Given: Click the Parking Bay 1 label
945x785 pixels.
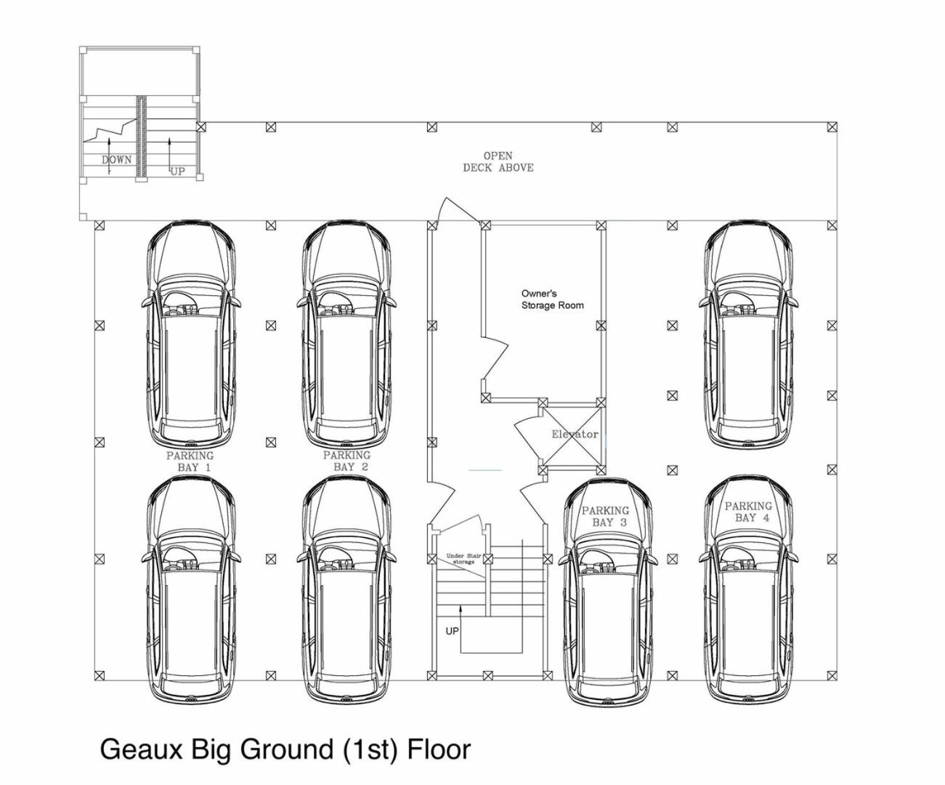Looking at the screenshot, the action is (x=190, y=462).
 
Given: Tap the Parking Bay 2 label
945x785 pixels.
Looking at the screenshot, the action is (x=346, y=461).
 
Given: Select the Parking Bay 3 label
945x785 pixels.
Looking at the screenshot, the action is (x=606, y=516).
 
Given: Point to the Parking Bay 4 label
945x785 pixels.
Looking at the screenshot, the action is (x=748, y=512).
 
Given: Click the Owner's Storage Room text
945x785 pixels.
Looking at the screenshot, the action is (x=552, y=299).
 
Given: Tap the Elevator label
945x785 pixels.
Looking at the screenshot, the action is (x=575, y=434).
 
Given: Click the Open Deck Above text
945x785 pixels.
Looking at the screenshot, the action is (x=498, y=161).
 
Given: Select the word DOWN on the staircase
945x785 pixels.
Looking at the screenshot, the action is (x=117, y=159).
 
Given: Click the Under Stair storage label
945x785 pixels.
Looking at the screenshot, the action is (x=463, y=558).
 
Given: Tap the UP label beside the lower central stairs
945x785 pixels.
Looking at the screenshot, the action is (x=452, y=631).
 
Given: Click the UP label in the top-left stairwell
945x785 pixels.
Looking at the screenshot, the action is (x=177, y=172).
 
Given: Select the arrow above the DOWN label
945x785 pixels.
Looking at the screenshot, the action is (x=109, y=156).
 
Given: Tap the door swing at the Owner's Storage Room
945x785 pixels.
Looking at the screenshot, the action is (x=495, y=363).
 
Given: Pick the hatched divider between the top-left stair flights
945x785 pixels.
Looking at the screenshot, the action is (x=142, y=137).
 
